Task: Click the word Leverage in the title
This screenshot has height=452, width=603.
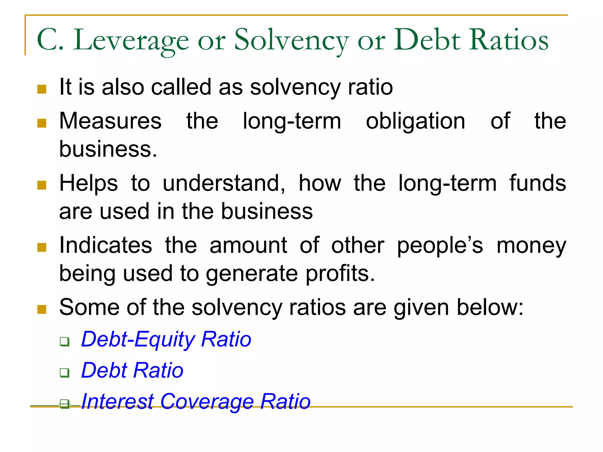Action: tap(131, 40)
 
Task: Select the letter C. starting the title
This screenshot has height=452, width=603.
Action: tap(50, 40)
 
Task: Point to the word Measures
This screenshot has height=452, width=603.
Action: tap(110, 121)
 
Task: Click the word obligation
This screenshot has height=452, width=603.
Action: tap(415, 121)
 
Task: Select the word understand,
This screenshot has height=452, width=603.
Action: tap(224, 183)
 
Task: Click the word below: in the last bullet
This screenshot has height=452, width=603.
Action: tap(490, 307)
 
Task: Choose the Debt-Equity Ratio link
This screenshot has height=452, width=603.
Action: tap(166, 339)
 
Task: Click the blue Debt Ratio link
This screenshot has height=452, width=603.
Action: tap(132, 370)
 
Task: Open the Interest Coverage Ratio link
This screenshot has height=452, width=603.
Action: tap(196, 401)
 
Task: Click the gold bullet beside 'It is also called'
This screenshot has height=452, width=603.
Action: tap(42, 89)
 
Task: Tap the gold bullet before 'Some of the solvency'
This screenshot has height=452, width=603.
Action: tap(42, 309)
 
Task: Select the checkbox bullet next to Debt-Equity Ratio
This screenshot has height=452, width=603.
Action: tap(64, 342)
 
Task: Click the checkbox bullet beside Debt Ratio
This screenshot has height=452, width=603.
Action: tap(64, 373)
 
